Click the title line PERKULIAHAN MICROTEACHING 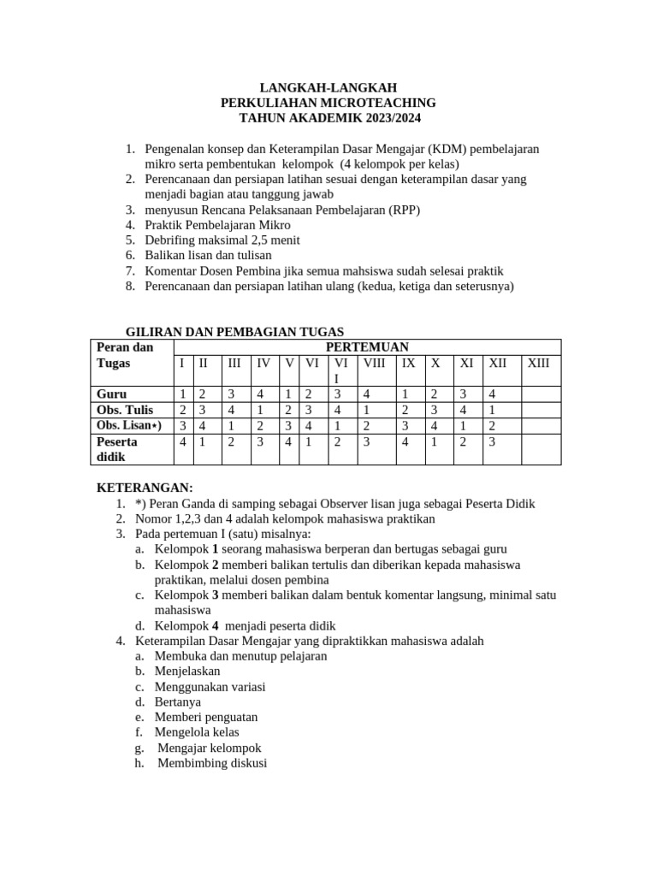coord(328,103)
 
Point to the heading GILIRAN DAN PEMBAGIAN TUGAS coord(235,331)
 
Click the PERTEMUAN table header coord(368,346)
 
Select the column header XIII coord(539,363)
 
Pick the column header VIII coord(374,363)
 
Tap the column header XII coord(497,363)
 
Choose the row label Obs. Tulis coord(125,410)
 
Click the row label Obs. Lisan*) coord(129,425)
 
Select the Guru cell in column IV coord(260,394)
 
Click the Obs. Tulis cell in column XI coord(463,410)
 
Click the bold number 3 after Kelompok coord(216,595)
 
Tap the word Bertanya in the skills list coord(178,701)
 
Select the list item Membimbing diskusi coord(212,763)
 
